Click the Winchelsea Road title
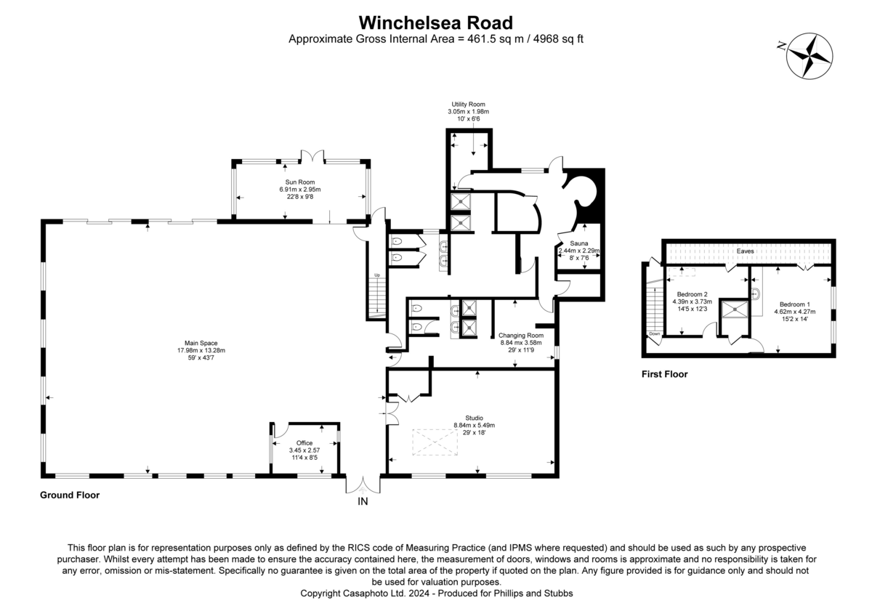pyautogui.click(x=435, y=23)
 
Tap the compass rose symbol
pyautogui.click(x=810, y=56)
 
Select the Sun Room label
pyautogui.click(x=299, y=182)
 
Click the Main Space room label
pyautogui.click(x=201, y=343)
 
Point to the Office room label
pyautogui.click(x=304, y=443)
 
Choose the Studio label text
pyautogui.click(x=474, y=418)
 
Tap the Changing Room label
pyautogui.click(x=521, y=336)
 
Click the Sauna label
pyautogui.click(x=579, y=243)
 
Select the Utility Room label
pyautogui.click(x=468, y=105)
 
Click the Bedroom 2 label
pyautogui.click(x=692, y=294)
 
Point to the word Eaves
pyautogui.click(x=745, y=251)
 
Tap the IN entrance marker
pyautogui.click(x=363, y=502)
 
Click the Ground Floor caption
pyautogui.click(x=70, y=495)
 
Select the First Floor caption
pyautogui.click(x=664, y=374)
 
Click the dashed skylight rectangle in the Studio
pyautogui.click(x=435, y=442)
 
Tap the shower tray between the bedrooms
pyautogui.click(x=735, y=309)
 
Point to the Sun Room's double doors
pyautogui.click(x=312, y=156)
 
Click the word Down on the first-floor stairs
pyautogui.click(x=655, y=334)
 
